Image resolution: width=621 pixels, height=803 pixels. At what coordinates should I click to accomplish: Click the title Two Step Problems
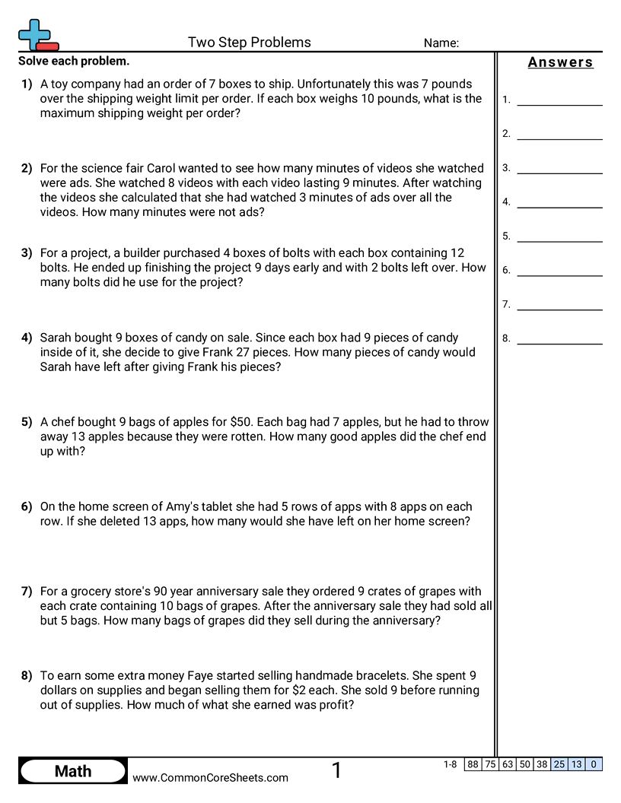[x=249, y=43]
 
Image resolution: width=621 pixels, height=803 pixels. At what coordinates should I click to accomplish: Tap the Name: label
[x=441, y=43]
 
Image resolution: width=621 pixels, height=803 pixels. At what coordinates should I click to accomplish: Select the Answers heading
[x=560, y=62]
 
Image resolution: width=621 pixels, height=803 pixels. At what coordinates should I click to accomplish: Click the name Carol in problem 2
[x=152, y=168]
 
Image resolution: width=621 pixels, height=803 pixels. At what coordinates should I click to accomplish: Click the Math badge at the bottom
[x=73, y=771]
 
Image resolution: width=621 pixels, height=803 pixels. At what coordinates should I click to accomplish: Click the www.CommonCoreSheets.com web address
[x=210, y=777]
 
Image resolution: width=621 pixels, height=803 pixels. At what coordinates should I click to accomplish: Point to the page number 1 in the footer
[x=336, y=771]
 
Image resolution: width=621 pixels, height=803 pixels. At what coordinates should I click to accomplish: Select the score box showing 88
[x=473, y=764]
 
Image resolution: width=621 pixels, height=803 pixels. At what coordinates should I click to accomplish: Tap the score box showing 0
[x=593, y=764]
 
